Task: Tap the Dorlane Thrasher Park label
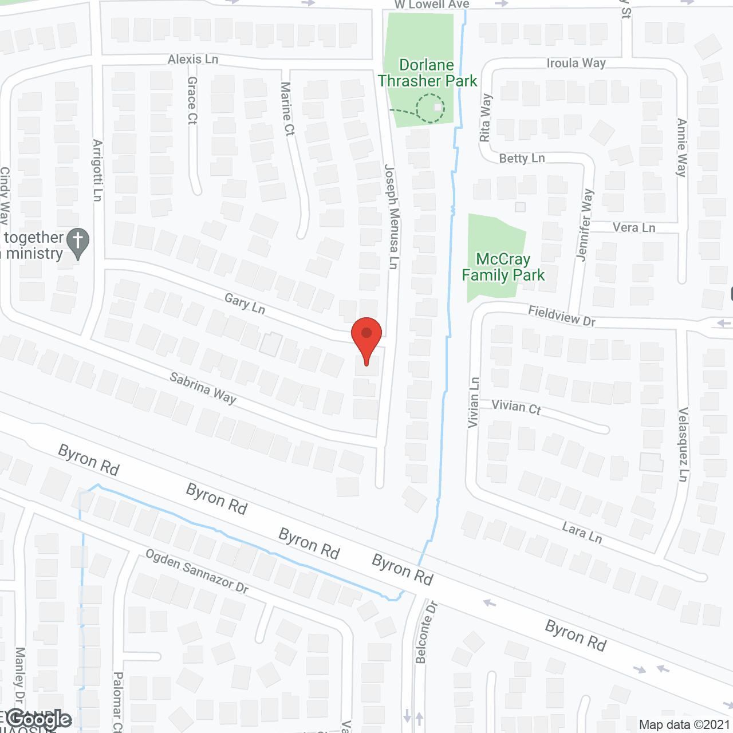click(x=427, y=73)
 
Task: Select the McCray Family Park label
click(x=503, y=267)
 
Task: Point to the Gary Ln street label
click(x=245, y=304)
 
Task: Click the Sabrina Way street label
click(x=203, y=388)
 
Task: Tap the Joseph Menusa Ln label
click(x=391, y=216)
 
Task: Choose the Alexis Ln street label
click(x=193, y=59)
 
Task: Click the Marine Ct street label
click(x=287, y=109)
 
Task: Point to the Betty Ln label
click(x=522, y=158)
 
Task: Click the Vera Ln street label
click(x=634, y=227)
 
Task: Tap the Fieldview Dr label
click(x=562, y=316)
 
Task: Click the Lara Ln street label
click(x=582, y=532)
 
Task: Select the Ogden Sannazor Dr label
click(x=197, y=571)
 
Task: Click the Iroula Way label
click(x=576, y=62)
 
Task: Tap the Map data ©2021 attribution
click(x=684, y=724)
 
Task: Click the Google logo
click(x=39, y=719)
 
